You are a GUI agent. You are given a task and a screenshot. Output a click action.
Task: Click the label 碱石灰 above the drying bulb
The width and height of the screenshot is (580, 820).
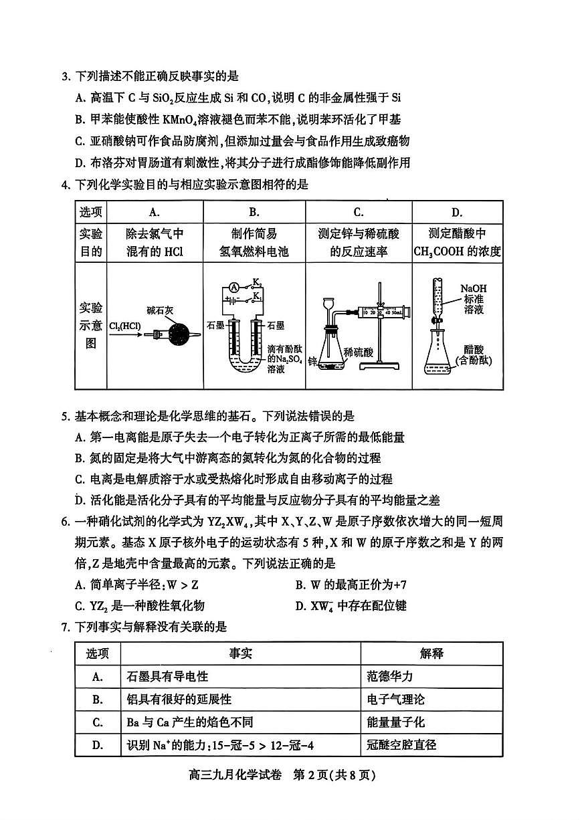[160, 311]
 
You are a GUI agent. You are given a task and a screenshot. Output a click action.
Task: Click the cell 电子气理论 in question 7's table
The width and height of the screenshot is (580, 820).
[397, 699]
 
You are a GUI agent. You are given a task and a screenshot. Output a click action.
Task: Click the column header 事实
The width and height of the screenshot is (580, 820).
[241, 653]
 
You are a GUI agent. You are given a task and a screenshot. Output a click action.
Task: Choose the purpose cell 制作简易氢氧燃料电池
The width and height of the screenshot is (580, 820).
[254, 242]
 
